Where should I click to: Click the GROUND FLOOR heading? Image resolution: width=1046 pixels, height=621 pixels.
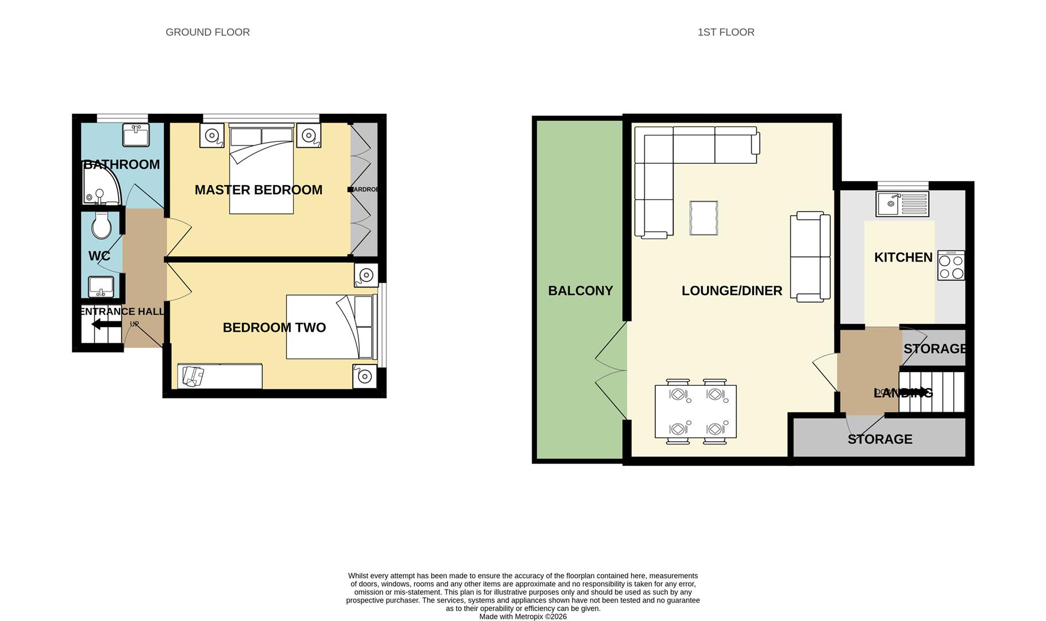coord(207,32)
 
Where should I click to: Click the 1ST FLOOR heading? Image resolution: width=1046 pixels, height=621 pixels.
coord(725,32)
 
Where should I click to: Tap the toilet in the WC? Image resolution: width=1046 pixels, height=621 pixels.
coord(102,225)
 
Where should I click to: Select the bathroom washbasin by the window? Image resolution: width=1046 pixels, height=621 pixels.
coord(136,135)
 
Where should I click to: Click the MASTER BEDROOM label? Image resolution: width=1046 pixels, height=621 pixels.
coord(258,190)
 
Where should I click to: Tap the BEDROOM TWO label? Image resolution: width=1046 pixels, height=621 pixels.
coord(274,328)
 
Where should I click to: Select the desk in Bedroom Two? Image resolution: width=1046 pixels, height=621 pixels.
coord(220,376)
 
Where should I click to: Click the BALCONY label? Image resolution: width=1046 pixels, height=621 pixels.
coord(580,291)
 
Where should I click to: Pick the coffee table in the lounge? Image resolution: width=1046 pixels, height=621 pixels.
coord(703,218)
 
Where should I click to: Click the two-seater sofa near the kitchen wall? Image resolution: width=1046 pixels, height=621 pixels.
coord(810,256)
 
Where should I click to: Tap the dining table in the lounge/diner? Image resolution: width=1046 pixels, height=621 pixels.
coord(695,412)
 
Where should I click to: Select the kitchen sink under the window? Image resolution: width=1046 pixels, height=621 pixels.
coord(902,204)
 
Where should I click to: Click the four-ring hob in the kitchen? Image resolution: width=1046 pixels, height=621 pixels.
coord(951,266)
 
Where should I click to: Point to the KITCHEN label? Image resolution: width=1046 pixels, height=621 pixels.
coord(903,258)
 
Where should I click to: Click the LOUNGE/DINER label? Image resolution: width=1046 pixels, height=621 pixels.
coord(731,291)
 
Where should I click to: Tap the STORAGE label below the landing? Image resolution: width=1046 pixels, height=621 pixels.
coord(879,439)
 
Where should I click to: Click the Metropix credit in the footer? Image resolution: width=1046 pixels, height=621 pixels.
coord(522,616)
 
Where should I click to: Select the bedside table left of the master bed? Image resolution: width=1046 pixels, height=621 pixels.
coord(211,136)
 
